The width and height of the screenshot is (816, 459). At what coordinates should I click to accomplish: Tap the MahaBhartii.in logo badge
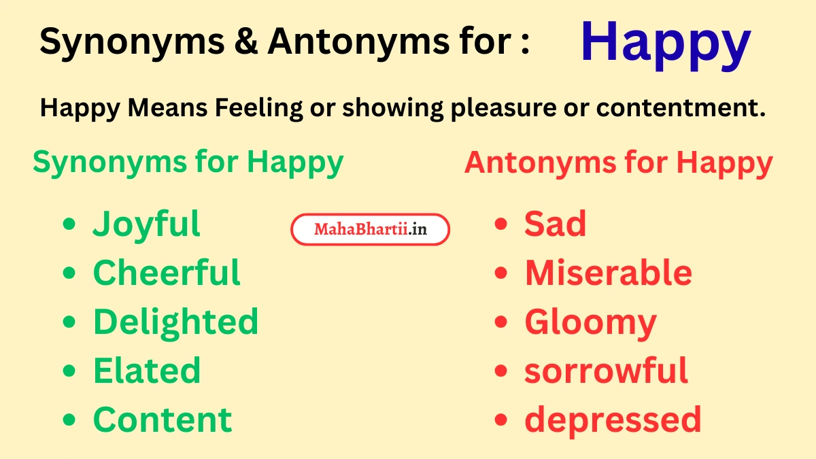click(x=371, y=230)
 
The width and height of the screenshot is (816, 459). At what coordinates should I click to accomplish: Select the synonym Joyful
click(x=146, y=225)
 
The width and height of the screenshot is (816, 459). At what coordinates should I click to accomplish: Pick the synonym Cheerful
click(x=167, y=273)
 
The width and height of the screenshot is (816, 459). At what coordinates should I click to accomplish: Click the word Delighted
click(x=175, y=322)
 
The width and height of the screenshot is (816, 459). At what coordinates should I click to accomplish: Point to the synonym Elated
click(x=146, y=371)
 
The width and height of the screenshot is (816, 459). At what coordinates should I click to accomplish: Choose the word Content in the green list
click(x=163, y=420)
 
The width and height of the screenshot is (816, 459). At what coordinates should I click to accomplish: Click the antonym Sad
click(x=555, y=224)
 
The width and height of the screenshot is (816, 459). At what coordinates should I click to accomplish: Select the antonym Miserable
click(x=608, y=273)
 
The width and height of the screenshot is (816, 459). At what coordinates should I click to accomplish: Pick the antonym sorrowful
click(x=606, y=371)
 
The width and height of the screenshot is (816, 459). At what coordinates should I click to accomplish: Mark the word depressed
click(x=613, y=420)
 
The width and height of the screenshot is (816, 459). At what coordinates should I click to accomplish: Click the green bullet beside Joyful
click(x=69, y=224)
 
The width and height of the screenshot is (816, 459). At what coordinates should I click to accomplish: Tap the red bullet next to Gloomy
click(x=501, y=322)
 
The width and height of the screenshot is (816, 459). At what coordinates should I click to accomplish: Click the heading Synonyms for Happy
click(x=188, y=163)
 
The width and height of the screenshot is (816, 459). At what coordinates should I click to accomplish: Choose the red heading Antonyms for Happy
click(x=618, y=163)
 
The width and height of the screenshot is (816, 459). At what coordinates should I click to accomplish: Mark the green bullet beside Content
click(x=69, y=420)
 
